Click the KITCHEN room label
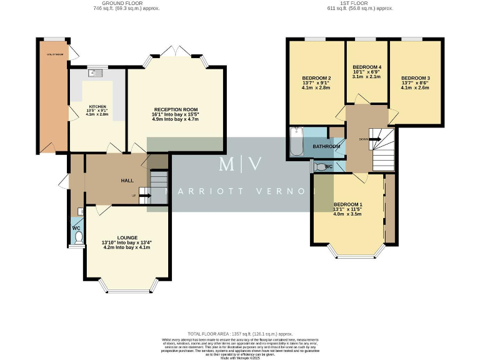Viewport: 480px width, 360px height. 97,106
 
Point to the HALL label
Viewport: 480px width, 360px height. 127,181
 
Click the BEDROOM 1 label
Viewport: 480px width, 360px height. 347,205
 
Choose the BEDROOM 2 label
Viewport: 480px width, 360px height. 316,78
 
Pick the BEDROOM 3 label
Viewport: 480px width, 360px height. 416,78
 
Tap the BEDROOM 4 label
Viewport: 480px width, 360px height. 367,67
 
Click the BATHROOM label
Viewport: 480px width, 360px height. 326,146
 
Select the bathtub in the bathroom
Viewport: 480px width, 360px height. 296,142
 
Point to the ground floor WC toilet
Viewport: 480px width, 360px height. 77,238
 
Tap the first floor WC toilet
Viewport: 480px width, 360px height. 321,167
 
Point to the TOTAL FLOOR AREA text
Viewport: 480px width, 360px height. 240,334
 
